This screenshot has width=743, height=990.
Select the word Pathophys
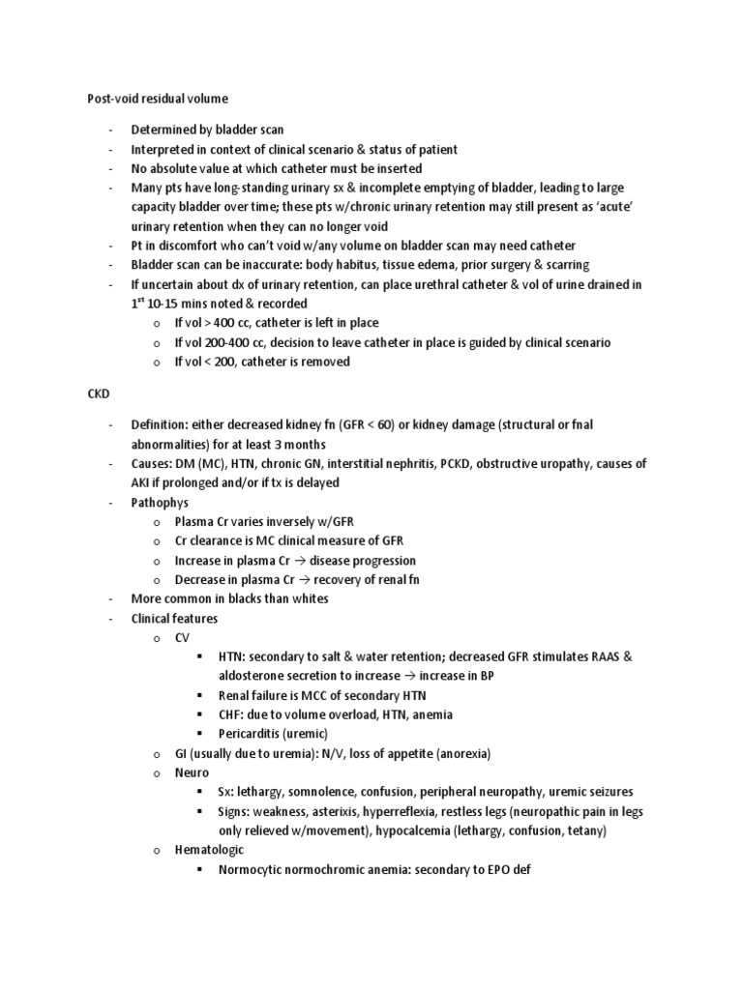161,503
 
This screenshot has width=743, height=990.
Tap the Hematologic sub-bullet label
209,849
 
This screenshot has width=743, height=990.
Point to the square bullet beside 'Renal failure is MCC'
199,696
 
